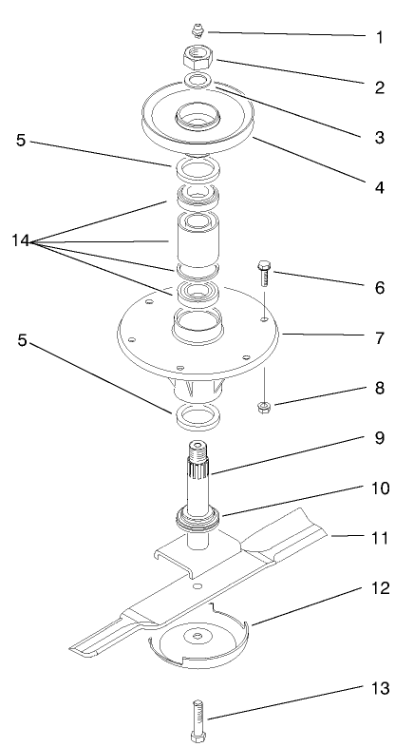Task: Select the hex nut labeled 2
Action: pyautogui.click(x=198, y=57)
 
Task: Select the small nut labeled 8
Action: pyautogui.click(x=265, y=408)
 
